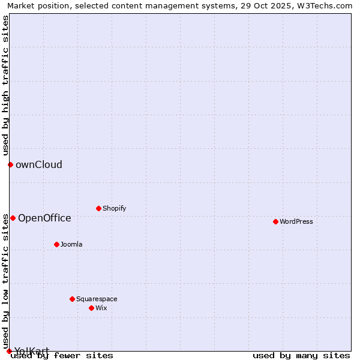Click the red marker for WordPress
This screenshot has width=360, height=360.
point(275,221)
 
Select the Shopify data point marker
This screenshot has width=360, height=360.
point(98,208)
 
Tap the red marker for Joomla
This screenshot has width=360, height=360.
point(56,244)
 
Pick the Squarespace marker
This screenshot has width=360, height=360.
point(72,299)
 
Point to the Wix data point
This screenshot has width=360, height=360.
point(91,308)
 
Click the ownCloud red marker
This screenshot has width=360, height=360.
point(10,164)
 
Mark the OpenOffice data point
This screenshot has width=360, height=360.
point(13,218)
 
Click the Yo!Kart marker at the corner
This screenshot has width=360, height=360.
point(9,351)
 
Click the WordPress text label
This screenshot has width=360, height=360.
point(296,221)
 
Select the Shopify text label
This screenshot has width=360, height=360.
point(114,208)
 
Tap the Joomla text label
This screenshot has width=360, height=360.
point(71,244)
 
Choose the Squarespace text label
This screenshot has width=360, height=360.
point(97,299)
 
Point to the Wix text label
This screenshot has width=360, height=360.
point(101,308)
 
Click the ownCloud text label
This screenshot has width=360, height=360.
point(39,164)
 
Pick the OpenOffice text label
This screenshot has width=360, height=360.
point(44,218)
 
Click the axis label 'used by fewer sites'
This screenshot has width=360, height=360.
point(62,355)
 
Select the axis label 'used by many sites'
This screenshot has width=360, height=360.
point(301,355)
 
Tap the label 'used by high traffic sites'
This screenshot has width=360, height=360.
point(5,85)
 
